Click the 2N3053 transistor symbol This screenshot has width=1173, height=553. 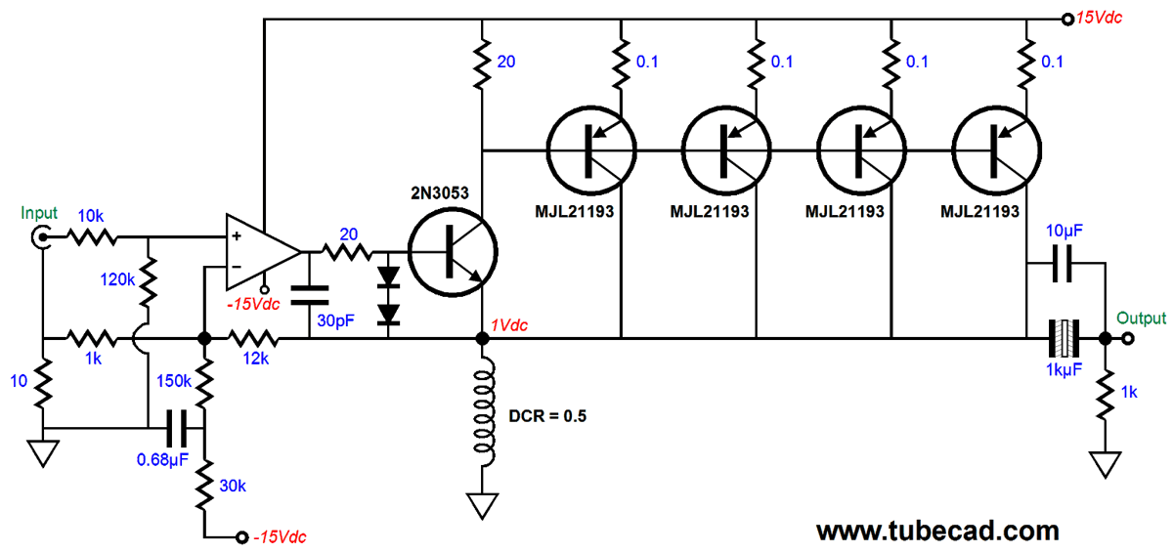[x=453, y=251]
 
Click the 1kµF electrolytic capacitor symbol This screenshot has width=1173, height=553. [x=1063, y=339]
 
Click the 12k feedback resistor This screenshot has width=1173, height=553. [x=253, y=339]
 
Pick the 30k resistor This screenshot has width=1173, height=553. [x=204, y=486]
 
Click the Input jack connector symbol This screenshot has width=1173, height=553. [x=43, y=235]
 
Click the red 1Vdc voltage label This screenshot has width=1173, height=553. [x=508, y=325]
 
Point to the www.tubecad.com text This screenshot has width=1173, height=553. [x=937, y=531]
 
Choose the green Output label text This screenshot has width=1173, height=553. [x=1142, y=318]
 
